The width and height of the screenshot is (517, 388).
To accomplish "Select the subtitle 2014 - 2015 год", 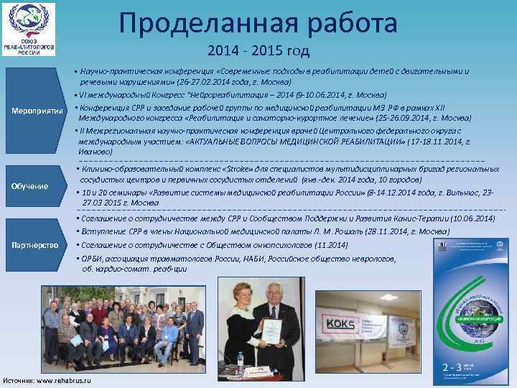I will pyautogui.click(x=258, y=51).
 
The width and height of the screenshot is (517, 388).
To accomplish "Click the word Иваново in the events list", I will pyautogui.click(x=95, y=152).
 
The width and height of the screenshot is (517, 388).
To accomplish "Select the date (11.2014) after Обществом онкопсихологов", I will pyautogui.click(x=329, y=245).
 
